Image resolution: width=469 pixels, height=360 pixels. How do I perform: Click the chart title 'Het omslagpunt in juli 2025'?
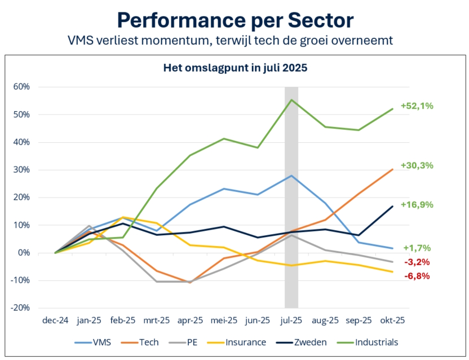point(235,69)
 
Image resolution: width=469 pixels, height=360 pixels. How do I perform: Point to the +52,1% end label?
point(417,106)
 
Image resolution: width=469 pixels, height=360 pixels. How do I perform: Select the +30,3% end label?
point(417,165)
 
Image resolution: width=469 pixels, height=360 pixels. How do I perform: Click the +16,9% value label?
point(417,205)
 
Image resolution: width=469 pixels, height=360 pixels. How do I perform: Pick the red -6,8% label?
point(418,276)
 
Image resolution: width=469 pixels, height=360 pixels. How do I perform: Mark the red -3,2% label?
point(418,262)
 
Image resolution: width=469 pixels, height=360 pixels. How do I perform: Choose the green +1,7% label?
point(417,248)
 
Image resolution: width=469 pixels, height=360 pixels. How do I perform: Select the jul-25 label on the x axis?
point(291,320)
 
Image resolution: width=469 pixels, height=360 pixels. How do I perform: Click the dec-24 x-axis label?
point(55,320)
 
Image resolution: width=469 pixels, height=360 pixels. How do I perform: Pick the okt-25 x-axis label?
point(393,320)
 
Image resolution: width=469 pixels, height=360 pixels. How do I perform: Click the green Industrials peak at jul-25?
point(291,100)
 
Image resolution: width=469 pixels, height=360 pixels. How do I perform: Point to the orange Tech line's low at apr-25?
point(190,282)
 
